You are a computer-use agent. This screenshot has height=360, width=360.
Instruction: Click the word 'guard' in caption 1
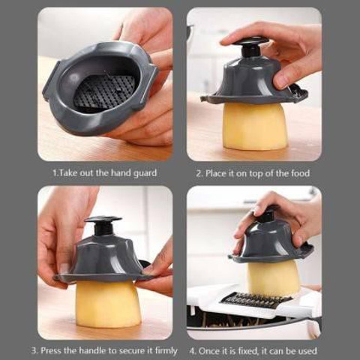[145, 173]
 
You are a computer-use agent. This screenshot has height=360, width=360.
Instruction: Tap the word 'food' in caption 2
[300, 173]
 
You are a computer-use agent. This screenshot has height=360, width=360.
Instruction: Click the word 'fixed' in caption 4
[245, 350]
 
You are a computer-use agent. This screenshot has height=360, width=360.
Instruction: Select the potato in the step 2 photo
[254, 127]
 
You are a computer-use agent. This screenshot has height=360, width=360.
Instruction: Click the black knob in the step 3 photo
[103, 227]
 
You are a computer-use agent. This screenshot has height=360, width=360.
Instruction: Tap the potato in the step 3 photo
[108, 303]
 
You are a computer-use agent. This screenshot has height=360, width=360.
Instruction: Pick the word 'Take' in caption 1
[67, 173]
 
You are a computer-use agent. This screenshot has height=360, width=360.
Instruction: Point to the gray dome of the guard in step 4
[270, 241]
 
